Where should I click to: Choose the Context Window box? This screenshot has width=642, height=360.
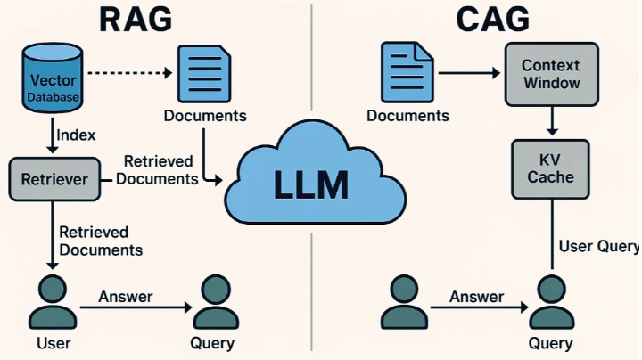tap(550, 74)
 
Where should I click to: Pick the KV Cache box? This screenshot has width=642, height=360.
tap(550, 168)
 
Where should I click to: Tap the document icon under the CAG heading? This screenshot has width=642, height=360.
tap(407, 74)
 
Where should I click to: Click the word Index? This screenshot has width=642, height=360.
tap(76, 135)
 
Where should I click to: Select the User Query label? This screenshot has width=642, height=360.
tap(598, 246)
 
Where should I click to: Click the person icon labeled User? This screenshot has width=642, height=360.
tap(53, 302)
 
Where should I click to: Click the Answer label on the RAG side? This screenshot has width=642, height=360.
tap(125, 297)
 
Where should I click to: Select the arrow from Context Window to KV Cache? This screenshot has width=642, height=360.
tap(551, 121)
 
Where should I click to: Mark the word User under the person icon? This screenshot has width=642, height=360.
tap(53, 343)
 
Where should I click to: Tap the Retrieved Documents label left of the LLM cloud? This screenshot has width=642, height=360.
tap(158, 169)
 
